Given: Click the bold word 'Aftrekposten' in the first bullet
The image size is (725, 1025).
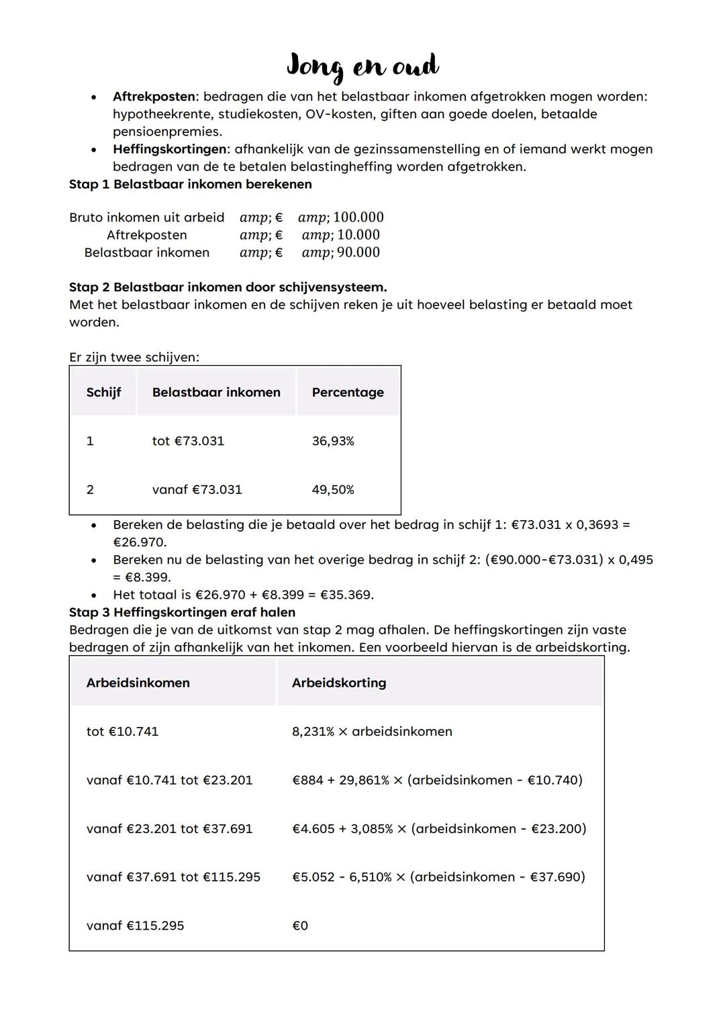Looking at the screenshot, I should [153, 97].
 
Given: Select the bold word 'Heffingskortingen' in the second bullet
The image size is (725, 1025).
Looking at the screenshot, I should [169, 149].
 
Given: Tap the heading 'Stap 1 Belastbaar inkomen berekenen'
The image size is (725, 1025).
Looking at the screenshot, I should [190, 184].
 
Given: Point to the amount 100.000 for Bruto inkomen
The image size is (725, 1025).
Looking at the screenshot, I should [358, 217].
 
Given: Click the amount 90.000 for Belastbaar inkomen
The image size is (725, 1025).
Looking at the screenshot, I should [358, 252].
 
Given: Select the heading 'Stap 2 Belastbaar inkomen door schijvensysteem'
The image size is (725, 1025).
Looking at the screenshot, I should [228, 287].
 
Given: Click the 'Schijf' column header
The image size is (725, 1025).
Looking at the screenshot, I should [103, 392].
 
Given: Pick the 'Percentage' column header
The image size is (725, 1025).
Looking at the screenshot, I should [348, 392].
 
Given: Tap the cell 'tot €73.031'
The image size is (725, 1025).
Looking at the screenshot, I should [188, 441].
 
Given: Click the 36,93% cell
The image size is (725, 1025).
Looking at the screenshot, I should [333, 441].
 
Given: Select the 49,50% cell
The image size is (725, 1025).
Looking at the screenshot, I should [333, 489].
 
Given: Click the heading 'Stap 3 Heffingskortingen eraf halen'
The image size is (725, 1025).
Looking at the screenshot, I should [182, 612].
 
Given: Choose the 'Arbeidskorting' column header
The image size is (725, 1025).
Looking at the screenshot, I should [339, 683].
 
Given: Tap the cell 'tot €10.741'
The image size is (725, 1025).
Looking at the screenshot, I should [122, 731].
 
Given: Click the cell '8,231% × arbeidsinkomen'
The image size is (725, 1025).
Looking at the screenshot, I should [372, 731].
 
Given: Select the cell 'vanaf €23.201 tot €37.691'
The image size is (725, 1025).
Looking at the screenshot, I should [169, 828].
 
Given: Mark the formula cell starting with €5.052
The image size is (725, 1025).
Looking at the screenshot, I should [438, 877].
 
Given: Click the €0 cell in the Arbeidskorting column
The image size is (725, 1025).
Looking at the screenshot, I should [300, 926].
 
